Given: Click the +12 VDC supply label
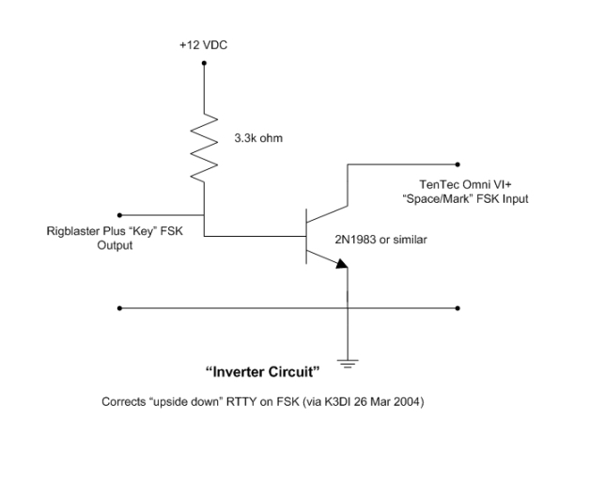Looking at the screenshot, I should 203,43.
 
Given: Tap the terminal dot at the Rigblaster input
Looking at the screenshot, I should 119,213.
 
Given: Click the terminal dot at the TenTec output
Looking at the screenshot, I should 458,163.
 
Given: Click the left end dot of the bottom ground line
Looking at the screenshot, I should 119,307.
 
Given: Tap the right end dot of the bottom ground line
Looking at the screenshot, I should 458,307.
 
